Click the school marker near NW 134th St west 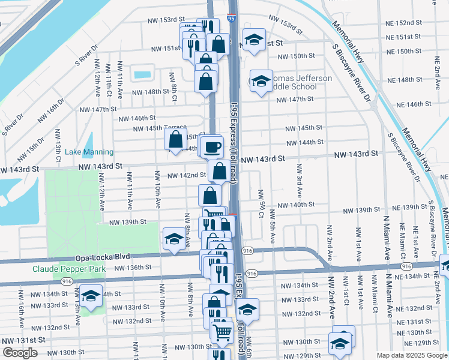[91, 296]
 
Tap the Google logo [20, 353]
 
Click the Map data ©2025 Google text [411, 355]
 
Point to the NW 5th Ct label [262, 196]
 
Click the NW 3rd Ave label [298, 186]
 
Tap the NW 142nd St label [186, 175]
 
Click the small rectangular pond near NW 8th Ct [143, 75]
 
